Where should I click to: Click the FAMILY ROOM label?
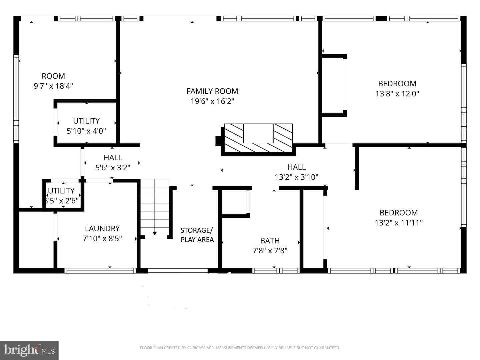[x=212, y=91]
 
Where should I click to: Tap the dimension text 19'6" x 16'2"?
[x=212, y=101]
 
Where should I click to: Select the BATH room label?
[x=270, y=241]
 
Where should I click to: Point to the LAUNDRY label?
[x=102, y=229]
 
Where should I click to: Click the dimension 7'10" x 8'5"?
[x=102, y=238]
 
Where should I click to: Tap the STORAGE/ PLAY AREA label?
[x=197, y=235]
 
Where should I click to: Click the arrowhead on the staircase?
[x=155, y=233]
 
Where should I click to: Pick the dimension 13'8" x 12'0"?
[x=397, y=94]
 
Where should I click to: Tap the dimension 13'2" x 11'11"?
[x=399, y=223]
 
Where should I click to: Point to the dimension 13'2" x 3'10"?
[x=296, y=177]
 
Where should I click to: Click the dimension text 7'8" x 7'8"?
[x=270, y=251]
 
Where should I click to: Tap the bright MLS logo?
[x=29, y=350]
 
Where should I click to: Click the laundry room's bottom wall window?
[x=100, y=271]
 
